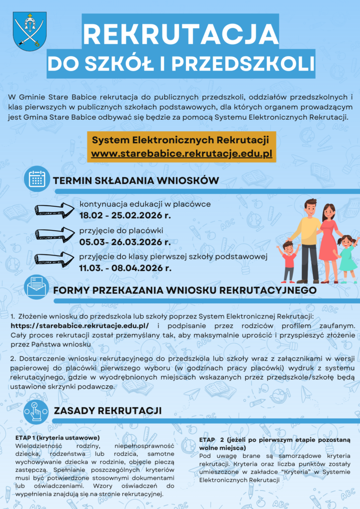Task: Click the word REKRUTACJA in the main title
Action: point(180,34)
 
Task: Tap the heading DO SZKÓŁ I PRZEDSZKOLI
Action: point(180,64)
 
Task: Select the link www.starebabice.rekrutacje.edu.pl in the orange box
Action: point(181,154)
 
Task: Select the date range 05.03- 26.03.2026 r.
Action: point(125,242)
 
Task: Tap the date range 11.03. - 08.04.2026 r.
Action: point(126,268)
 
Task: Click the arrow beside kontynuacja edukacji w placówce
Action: point(54,210)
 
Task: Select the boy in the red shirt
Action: point(289,261)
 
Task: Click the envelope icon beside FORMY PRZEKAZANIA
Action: point(37,288)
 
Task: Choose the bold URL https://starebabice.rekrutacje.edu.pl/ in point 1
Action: point(80,325)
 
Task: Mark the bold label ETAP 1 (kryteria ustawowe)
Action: point(58,437)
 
